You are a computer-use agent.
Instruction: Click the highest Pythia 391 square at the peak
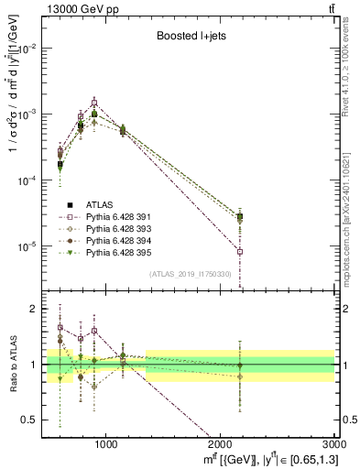point(93,103)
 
